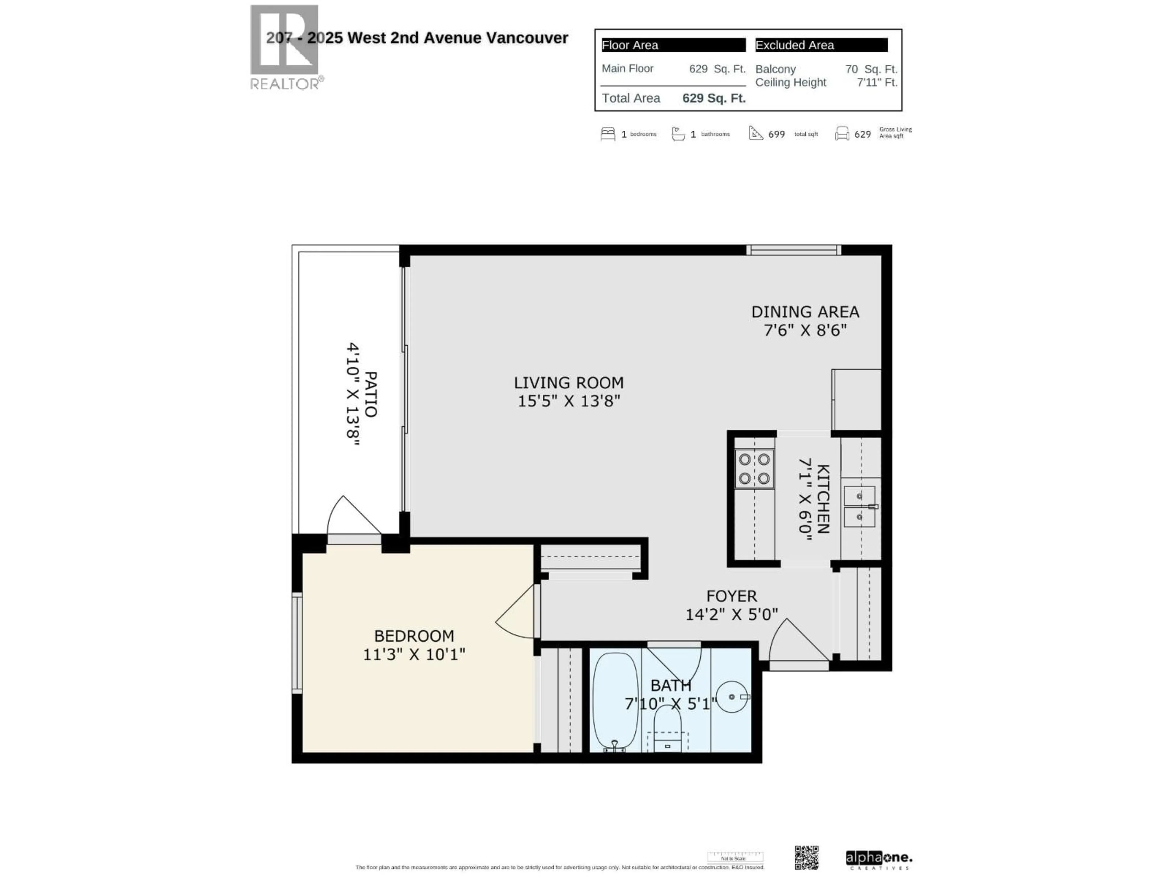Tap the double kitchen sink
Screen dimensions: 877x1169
(x=859, y=506)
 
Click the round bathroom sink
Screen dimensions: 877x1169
(x=732, y=697)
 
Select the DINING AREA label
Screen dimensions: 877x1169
(x=805, y=312)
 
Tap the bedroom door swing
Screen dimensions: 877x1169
(x=515, y=613)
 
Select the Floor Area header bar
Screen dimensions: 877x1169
(x=673, y=45)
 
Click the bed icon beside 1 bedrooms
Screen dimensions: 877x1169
(x=608, y=134)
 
